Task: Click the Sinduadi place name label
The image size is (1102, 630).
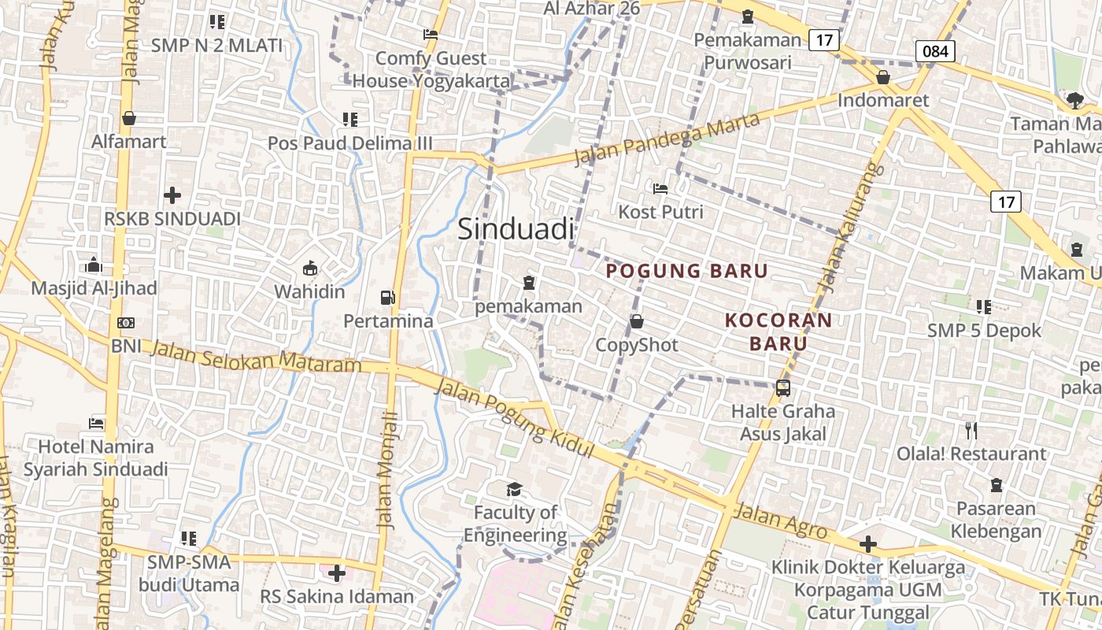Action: (516, 229)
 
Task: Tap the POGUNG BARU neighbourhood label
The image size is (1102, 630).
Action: (686, 271)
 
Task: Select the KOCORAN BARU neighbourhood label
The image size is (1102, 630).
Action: (778, 332)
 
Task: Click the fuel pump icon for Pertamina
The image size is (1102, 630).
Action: (387, 297)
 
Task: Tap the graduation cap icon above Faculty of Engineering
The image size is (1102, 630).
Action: (514, 489)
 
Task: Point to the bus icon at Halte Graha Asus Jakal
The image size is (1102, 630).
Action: (782, 387)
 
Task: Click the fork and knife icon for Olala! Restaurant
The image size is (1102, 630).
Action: (971, 430)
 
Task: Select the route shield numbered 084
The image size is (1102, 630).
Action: (935, 52)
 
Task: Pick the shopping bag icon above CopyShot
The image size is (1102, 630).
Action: (636, 321)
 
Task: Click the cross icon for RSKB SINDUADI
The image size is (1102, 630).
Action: (172, 195)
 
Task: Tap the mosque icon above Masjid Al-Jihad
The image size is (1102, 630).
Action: (94, 265)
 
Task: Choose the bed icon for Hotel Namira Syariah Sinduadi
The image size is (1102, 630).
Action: (96, 423)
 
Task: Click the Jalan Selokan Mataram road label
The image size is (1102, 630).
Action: (257, 357)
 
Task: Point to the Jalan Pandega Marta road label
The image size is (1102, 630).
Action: (667, 139)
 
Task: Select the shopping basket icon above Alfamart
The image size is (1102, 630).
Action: (129, 118)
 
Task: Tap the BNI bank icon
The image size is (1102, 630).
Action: (125, 323)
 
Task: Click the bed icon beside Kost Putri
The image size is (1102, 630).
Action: (660, 188)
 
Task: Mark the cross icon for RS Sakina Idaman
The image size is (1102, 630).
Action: (337, 573)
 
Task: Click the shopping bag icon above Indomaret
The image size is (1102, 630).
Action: (883, 77)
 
